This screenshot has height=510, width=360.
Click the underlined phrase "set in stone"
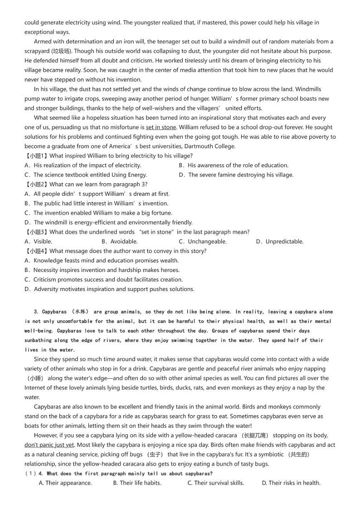pyautogui.click(x=161, y=127)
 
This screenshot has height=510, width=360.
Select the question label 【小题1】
pyautogui.click(x=36, y=156)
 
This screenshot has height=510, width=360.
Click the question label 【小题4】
pyautogui.click(x=36, y=251)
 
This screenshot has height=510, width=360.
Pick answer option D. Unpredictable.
pyautogui.click(x=279, y=241)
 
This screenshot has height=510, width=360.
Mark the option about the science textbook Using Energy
pyautogui.click(x=86, y=175)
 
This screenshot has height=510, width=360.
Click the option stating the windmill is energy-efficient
pyautogui.click(x=108, y=222)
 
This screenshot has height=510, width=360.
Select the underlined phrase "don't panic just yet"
pyautogui.click(x=49, y=445)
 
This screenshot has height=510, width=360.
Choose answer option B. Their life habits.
pyautogui.click(x=137, y=483)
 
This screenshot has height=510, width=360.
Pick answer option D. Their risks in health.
pyautogui.click(x=291, y=483)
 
